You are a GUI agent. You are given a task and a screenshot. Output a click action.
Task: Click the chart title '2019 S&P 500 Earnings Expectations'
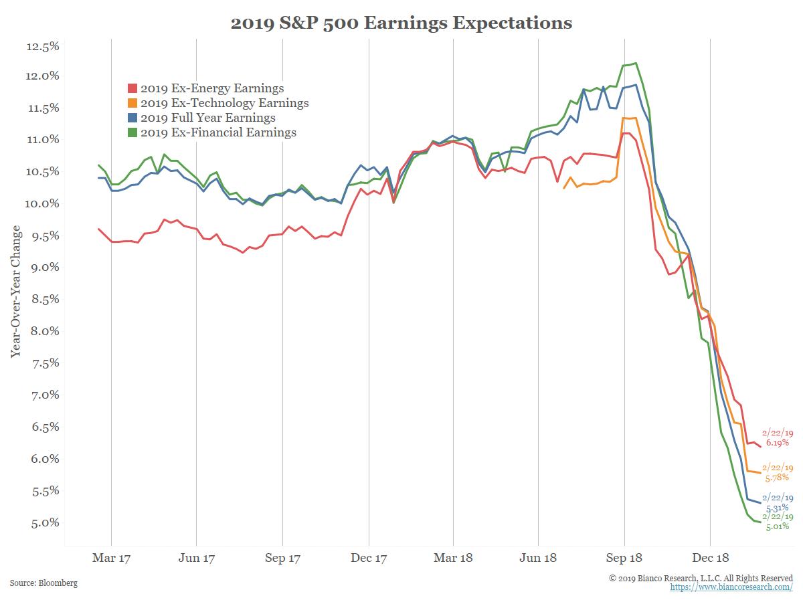coord(401,23)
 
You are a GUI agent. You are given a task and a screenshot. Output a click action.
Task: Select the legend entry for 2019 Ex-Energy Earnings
coord(212,88)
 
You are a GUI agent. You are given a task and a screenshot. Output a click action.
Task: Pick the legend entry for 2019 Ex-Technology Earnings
coord(224,103)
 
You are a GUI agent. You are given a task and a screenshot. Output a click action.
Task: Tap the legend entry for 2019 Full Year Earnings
coord(207,118)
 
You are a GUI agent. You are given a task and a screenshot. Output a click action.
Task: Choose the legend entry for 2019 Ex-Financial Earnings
coord(218,132)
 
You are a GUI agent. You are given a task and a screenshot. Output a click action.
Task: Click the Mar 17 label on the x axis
coord(111,558)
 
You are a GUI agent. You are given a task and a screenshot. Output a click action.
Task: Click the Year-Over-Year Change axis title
coord(16,292)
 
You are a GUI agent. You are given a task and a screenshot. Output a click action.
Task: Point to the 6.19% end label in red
coord(777,442)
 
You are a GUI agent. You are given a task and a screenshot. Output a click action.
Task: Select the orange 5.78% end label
coord(777,477)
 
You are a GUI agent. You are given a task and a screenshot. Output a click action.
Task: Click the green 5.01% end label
coord(777,526)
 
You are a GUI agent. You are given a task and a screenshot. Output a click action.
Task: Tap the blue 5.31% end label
coord(777,508)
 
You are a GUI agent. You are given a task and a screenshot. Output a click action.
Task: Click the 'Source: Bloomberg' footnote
coord(43,583)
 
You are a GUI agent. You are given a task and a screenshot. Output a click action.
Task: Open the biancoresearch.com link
coord(731,587)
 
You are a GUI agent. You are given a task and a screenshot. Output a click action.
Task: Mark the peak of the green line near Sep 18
coord(635,64)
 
